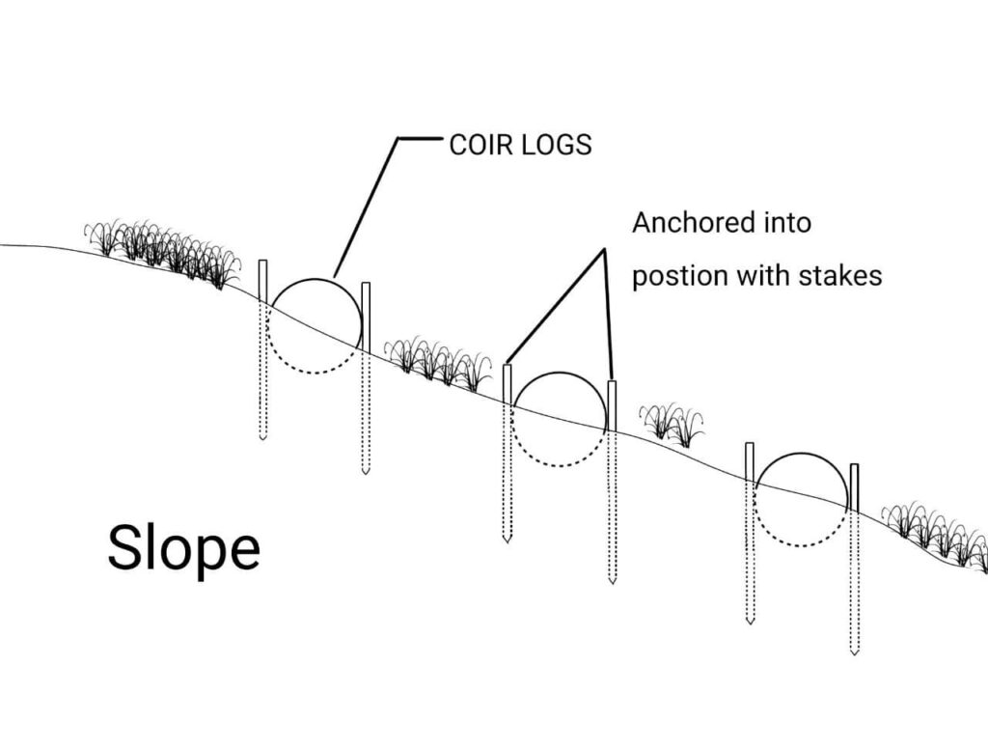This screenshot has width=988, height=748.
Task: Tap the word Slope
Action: pos(183,548)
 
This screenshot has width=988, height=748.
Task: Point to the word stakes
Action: pos(840,275)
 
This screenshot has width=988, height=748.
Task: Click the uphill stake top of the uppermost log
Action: pos(262,265)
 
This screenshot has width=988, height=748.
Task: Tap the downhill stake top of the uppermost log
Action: pos(366,288)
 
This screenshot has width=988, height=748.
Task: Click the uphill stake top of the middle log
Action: pos(508,369)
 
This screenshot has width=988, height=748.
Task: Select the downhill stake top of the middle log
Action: pos(612,386)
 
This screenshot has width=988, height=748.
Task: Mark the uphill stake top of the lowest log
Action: pos(749,448)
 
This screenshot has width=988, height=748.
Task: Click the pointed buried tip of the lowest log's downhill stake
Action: pos(854,651)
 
